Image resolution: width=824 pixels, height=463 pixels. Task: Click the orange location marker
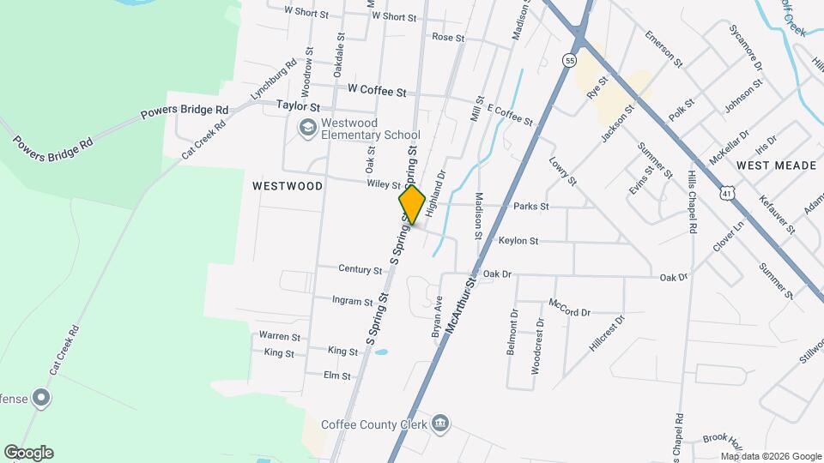pyautogui.click(x=412, y=205)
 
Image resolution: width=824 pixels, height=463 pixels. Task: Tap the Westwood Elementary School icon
pyautogui.click(x=306, y=128)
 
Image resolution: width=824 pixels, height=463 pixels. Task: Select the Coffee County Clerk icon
pyautogui.click(x=440, y=423)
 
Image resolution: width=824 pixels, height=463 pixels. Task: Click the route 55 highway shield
pyautogui.click(x=569, y=60)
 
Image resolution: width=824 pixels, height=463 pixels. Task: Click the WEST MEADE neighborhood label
pyautogui.click(x=776, y=165)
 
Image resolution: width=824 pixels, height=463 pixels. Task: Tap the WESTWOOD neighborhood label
pyautogui.click(x=288, y=185)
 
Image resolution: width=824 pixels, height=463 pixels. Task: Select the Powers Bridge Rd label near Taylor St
pyautogui.click(x=186, y=110)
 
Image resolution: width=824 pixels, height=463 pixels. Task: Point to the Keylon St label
pyautogui.click(x=518, y=241)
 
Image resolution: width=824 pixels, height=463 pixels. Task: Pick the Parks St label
pyautogui.click(x=530, y=207)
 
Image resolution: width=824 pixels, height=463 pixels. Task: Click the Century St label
pyautogui.click(x=360, y=270)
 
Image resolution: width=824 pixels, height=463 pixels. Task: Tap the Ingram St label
pyautogui.click(x=353, y=301)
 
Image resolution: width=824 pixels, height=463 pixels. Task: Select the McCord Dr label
pyautogui.click(x=569, y=307)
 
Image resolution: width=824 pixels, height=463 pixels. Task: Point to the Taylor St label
pyautogui.click(x=298, y=107)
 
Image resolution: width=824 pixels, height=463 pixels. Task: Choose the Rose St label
pyautogui.click(x=448, y=38)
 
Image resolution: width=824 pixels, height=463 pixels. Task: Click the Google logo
pyautogui.click(x=27, y=453)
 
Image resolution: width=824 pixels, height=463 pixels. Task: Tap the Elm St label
pyautogui.click(x=337, y=376)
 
